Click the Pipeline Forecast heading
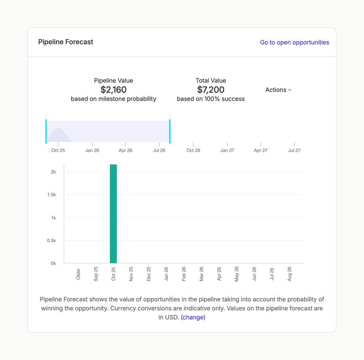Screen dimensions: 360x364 click(x=66, y=42)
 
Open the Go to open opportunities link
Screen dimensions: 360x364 click(x=294, y=42)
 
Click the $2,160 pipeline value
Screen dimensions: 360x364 click(x=113, y=90)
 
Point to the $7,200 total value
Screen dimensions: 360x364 click(x=211, y=90)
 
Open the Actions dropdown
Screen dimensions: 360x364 click(x=278, y=90)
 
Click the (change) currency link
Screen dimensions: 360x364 click(x=193, y=318)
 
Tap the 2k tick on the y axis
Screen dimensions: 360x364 click(x=53, y=172)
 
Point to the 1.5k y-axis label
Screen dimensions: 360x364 click(x=51, y=195)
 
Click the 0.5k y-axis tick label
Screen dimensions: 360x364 click(x=51, y=241)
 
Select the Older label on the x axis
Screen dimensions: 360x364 click(x=78, y=274)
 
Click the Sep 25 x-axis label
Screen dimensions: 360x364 click(x=96, y=274)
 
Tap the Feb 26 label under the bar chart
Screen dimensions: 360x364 click(x=184, y=274)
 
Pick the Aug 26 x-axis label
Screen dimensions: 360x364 click(x=289, y=274)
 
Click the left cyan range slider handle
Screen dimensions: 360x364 click(x=46, y=131)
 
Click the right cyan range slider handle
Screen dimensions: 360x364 click(x=170, y=131)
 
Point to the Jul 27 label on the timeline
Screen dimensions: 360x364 click(x=294, y=150)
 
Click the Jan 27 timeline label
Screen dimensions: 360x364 click(x=227, y=150)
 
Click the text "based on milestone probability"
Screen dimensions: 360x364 click(x=113, y=99)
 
